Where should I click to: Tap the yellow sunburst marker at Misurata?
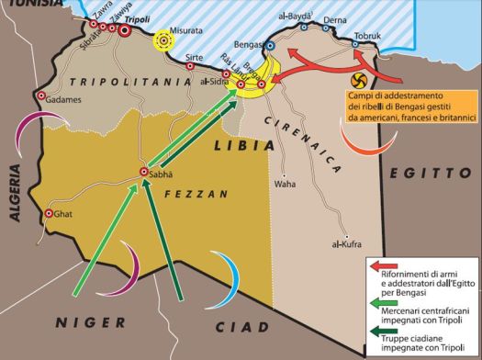(x=164, y=40)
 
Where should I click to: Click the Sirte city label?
(x=194, y=57)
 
